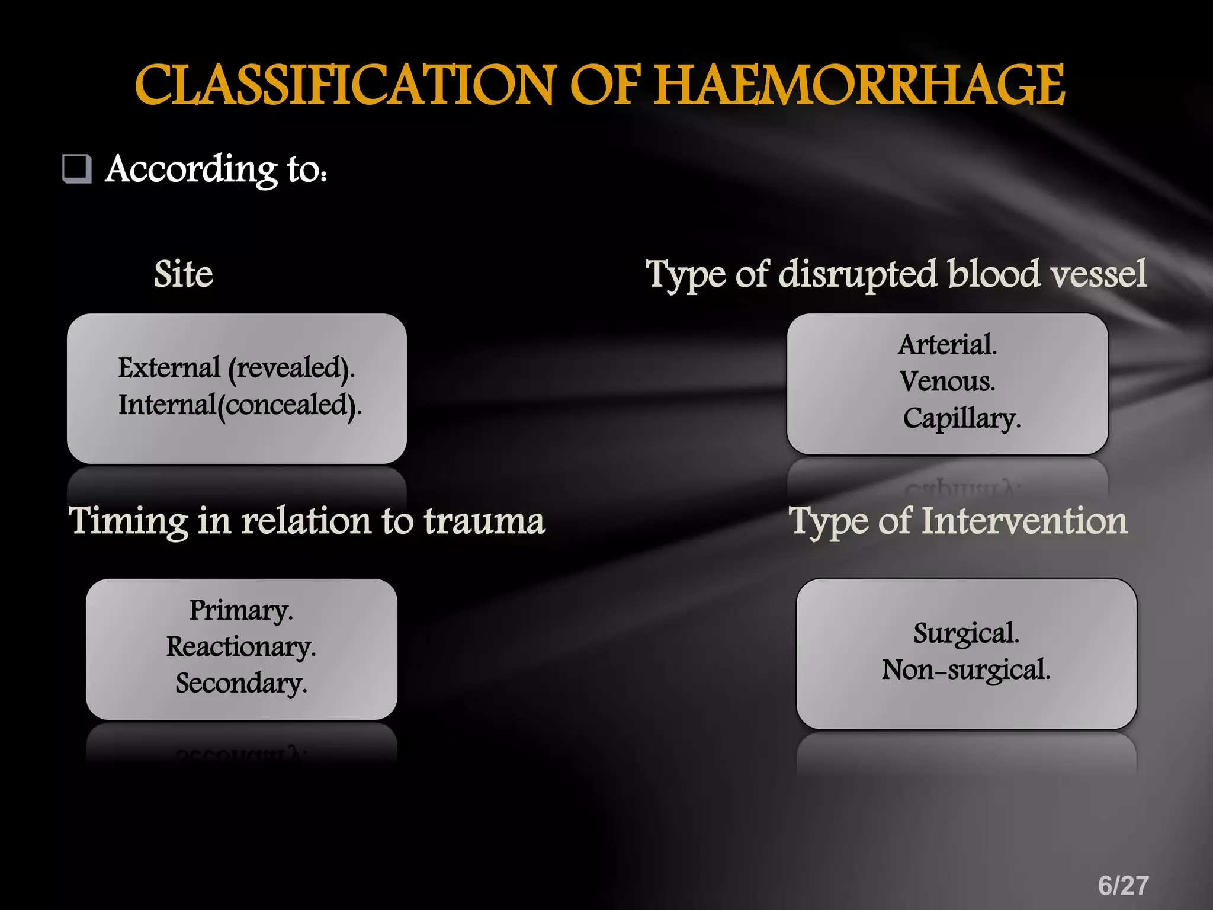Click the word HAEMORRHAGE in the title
coord(859,86)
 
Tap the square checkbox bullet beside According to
coord(77,169)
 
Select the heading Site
coord(183,274)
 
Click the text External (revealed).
coord(236,369)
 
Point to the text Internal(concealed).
coord(239,406)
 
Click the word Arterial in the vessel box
coord(947,345)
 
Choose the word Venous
coord(947,382)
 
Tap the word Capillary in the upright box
coord(961,418)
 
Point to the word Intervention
coord(1024,521)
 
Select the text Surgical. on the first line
coord(966,633)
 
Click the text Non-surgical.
coord(966,670)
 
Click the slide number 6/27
coord(1123,886)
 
